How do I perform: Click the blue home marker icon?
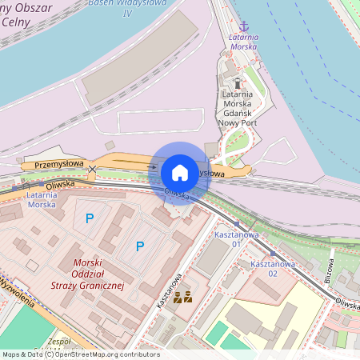[180, 173]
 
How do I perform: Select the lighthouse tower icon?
[237, 82]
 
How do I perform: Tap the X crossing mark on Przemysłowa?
[92, 170]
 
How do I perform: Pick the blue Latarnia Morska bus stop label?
[42, 198]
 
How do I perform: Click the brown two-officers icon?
[182, 298]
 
